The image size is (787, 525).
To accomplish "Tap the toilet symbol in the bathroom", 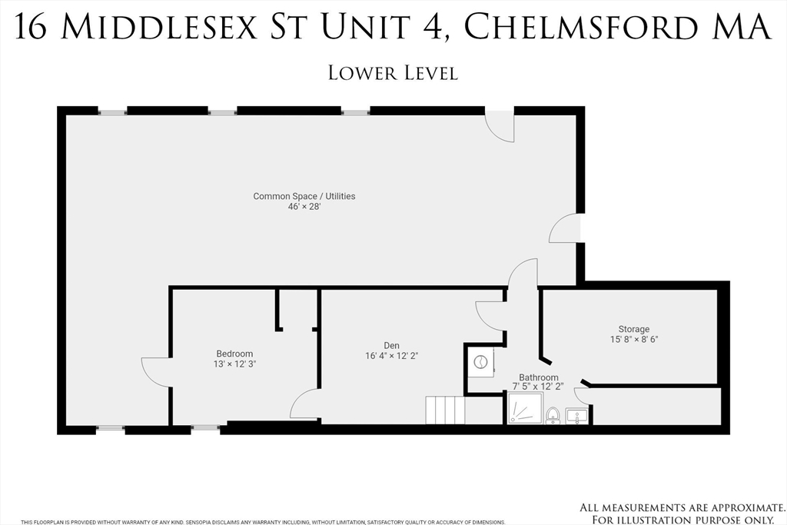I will [x=553, y=416].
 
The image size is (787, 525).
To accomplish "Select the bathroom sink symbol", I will [x=576, y=416].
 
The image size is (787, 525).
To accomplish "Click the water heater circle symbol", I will [x=480, y=361].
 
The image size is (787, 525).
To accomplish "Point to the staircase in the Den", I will [x=446, y=410].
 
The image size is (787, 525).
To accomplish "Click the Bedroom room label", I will [x=234, y=354].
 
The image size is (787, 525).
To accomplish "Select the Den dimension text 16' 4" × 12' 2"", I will [x=391, y=355].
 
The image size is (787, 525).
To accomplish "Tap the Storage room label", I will [x=634, y=329].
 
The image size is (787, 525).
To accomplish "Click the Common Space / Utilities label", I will [x=304, y=196].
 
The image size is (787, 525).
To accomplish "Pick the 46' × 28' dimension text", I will [x=304, y=207].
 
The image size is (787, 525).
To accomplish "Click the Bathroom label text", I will [x=538, y=377].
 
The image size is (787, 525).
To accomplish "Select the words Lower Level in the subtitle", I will [x=393, y=73].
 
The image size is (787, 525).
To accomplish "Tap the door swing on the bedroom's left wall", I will [x=156, y=372].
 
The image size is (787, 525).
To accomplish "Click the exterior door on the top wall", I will [x=500, y=125].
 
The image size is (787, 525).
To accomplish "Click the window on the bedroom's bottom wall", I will [x=205, y=427].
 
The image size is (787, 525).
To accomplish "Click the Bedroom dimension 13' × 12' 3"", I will [x=234, y=364].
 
